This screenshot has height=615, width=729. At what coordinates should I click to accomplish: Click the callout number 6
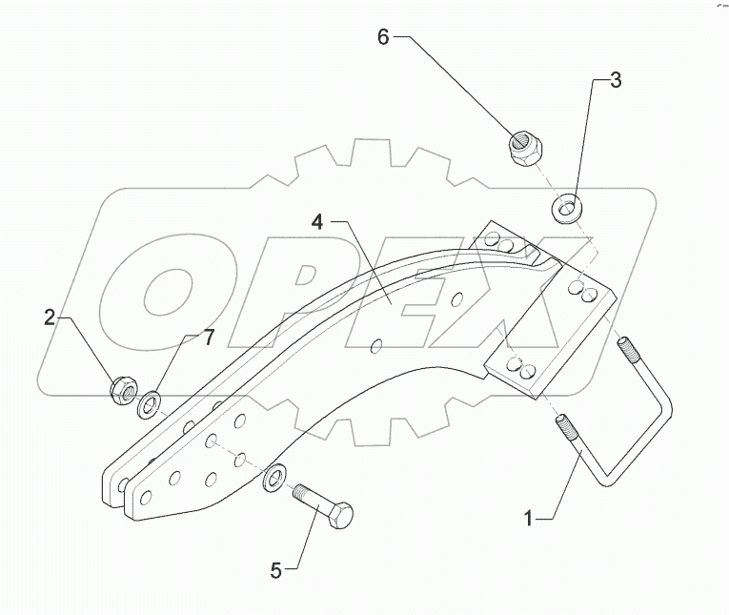click(x=383, y=38)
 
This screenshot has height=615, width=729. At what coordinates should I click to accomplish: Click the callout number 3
click(x=616, y=81)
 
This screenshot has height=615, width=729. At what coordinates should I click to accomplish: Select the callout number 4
click(x=316, y=223)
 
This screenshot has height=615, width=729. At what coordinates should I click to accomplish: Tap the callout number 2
click(x=51, y=318)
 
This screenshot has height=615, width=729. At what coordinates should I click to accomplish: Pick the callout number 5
click(x=276, y=570)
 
